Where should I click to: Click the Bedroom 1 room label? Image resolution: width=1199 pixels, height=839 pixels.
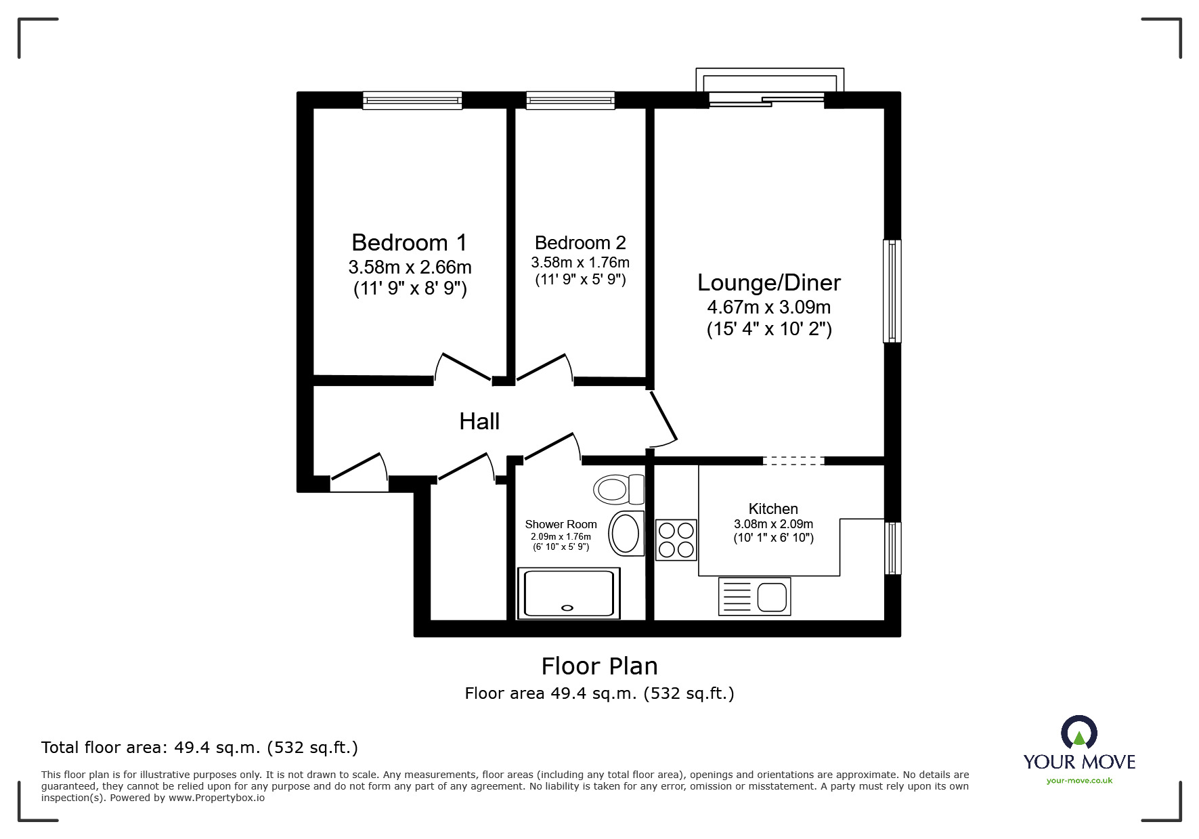tap(410, 242)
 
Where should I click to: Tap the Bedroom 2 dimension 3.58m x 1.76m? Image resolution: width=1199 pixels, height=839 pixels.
tap(580, 262)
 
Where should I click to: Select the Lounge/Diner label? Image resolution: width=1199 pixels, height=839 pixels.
tap(769, 282)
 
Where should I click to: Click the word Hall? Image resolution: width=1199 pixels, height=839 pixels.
tap(479, 421)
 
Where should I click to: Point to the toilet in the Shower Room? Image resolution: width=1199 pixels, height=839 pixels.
tap(618, 489)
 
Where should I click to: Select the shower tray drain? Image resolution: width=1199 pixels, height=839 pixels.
tap(567, 607)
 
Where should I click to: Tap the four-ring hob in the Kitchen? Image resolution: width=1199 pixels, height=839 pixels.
tap(676, 540)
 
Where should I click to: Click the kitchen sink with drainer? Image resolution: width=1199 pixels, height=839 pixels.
tap(754, 597)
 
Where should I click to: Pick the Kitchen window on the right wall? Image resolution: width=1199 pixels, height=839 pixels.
tap(893, 548)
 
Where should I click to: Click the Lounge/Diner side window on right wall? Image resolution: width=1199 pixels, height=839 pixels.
tap(892, 291)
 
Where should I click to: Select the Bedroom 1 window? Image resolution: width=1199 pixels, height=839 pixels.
tap(412, 101)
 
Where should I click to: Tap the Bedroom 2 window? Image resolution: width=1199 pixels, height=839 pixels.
tap(571, 101)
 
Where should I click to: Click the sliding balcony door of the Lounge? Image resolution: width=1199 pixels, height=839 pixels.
tap(766, 101)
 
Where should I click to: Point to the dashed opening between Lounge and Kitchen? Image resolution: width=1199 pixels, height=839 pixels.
tap(793, 461)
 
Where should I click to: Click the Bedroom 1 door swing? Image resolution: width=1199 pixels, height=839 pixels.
tap(463, 368)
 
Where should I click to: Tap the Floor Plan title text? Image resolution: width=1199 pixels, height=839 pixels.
tap(599, 666)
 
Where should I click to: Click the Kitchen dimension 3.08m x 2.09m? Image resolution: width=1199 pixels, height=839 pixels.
tap(773, 524)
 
